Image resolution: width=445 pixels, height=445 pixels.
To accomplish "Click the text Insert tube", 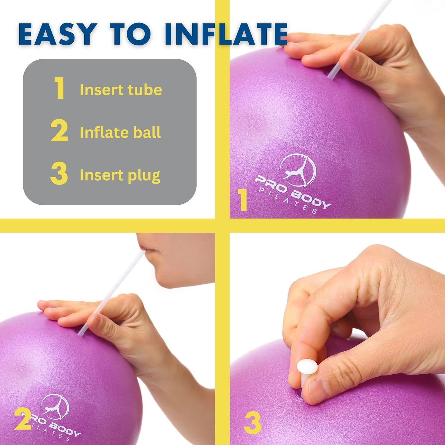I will pos(121,90).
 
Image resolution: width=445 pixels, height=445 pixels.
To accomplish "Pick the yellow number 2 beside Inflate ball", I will pos(59,131).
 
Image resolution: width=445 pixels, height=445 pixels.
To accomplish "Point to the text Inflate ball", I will pos(120,133).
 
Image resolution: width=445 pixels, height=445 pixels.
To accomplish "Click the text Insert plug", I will pos(120,176).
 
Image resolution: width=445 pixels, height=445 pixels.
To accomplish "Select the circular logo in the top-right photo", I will pos(297,170).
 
